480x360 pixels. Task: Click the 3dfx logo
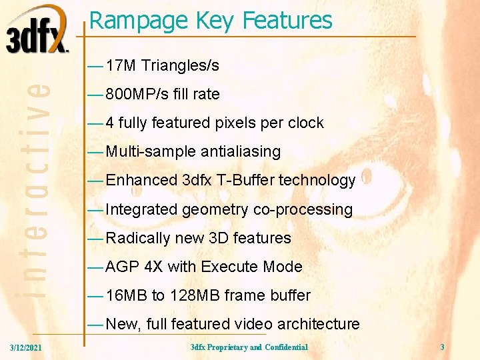(37, 30)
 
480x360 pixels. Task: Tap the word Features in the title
(287, 21)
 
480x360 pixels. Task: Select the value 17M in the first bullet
(121, 66)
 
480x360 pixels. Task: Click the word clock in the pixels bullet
(305, 123)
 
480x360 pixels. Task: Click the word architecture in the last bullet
(318, 325)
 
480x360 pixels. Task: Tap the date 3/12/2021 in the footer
(26, 347)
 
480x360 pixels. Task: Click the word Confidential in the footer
(286, 347)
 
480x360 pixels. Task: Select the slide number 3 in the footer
(442, 347)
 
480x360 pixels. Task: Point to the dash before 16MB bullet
(95, 296)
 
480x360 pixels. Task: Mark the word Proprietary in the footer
(226, 347)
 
